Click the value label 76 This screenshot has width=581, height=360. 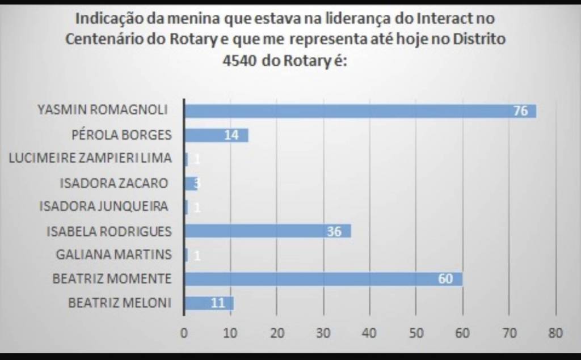520,111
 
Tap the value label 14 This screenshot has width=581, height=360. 231,135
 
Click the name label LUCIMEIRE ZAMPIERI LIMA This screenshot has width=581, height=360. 90,159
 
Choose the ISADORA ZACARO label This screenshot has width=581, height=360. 113,183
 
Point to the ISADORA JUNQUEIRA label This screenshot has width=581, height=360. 103,207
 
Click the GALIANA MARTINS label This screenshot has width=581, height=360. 113,255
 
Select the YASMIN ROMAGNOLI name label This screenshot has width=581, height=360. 102,110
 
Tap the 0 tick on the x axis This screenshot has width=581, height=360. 184,333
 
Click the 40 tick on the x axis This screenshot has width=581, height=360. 370,333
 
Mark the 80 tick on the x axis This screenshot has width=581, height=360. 555,333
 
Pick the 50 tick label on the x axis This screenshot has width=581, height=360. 416,333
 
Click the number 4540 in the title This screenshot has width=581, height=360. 242,61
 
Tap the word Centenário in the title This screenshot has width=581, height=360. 103,40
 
